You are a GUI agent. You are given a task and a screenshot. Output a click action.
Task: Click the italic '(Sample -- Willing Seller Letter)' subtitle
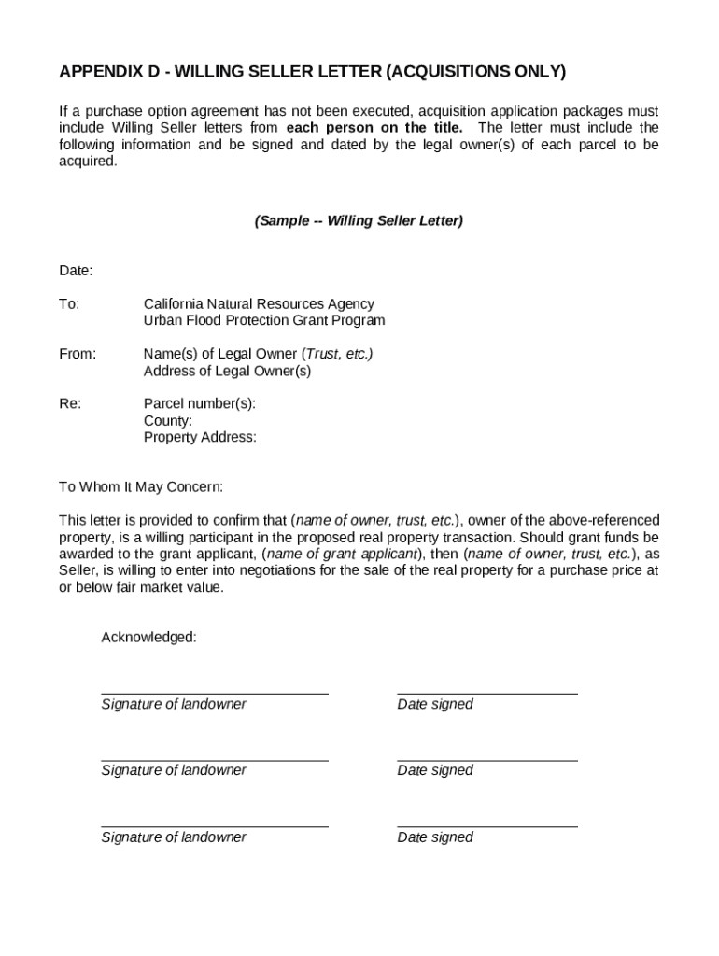coord(359,221)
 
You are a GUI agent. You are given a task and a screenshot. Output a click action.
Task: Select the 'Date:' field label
coord(76,271)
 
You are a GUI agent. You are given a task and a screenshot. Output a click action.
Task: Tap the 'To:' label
coord(69,304)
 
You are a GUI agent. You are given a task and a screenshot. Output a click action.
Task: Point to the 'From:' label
coord(78,354)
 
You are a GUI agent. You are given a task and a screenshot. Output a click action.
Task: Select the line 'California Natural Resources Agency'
coord(259,304)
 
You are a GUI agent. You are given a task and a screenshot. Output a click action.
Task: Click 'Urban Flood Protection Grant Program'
coord(263,321)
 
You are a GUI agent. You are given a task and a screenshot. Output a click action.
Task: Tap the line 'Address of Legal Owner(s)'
coord(227,371)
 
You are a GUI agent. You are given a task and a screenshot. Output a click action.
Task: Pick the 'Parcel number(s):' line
coord(199,404)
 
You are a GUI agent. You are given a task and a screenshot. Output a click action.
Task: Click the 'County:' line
coord(168,421)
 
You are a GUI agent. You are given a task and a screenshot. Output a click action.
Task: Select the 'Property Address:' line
coord(200,437)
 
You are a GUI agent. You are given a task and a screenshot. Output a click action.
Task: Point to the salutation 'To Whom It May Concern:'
coord(141,487)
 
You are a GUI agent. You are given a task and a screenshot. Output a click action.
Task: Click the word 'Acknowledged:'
coord(148,637)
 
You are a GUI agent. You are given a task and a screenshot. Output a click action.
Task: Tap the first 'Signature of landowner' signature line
coord(215,693)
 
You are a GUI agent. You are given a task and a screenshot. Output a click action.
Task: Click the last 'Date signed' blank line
coord(486,825)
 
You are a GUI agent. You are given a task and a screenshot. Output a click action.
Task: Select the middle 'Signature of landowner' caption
coord(174,771)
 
